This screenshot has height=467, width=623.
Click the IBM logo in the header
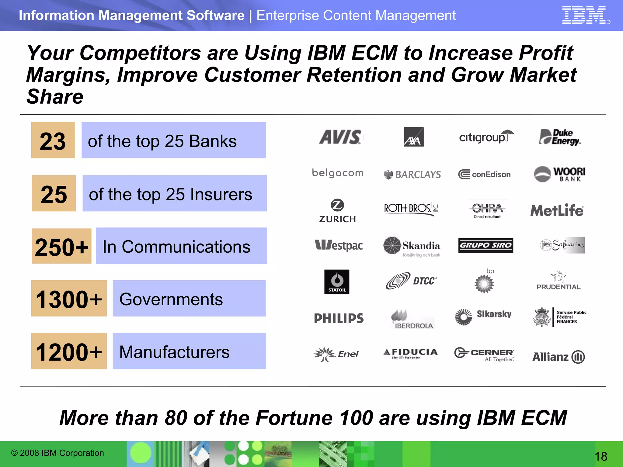584,15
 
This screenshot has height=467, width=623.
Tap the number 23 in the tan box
53,141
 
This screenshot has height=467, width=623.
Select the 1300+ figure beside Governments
69,299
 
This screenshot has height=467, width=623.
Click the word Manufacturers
174,352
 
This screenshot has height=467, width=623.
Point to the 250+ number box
61,247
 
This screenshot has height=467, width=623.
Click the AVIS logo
340,137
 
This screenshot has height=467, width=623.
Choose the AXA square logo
414,137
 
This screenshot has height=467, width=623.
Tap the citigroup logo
486,137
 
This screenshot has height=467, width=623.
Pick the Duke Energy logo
560,137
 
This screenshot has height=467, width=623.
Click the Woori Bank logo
560,174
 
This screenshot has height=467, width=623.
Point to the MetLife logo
557,210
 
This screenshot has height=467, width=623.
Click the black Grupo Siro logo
486,245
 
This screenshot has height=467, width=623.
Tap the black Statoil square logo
337,282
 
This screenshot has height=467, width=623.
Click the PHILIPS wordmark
339,318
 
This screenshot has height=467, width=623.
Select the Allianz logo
559,357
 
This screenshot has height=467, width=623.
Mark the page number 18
601,456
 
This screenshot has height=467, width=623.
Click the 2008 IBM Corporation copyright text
57,453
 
